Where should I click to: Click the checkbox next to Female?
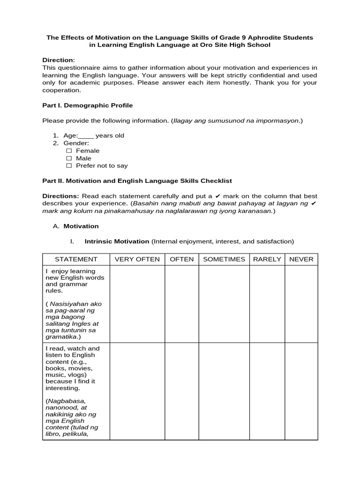69,151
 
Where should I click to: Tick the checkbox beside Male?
69,158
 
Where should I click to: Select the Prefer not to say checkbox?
69,166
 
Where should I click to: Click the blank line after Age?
86,136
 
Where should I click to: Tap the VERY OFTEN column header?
137,259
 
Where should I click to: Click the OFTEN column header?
181,259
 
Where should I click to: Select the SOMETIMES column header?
224,259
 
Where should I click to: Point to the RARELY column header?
267,259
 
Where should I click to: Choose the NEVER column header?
301,259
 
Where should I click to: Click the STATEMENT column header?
76,259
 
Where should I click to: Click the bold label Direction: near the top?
59,60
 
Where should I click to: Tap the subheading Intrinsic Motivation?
117,241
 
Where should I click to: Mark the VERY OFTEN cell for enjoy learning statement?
137,304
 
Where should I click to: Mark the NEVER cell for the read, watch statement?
301,391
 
